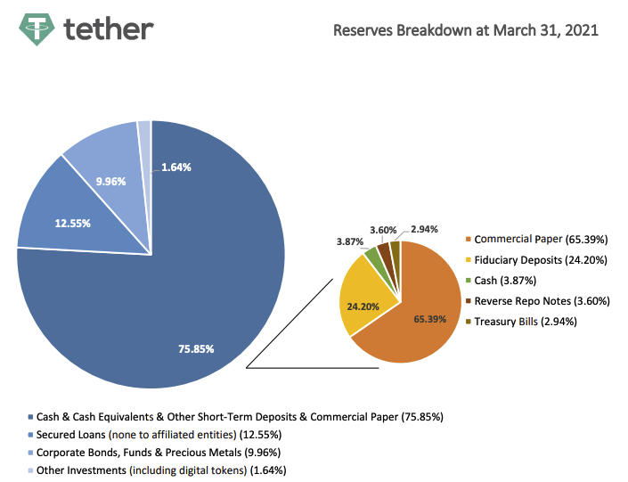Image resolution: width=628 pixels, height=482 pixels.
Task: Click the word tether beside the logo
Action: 109,29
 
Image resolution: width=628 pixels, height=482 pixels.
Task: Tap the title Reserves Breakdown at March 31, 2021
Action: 465,30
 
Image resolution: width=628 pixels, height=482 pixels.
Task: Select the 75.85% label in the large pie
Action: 196,348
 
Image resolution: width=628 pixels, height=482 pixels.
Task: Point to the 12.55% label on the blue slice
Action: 73,223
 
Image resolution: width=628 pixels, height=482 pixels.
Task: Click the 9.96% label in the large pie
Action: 111,181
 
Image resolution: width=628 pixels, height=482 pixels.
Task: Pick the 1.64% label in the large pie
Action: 176,167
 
